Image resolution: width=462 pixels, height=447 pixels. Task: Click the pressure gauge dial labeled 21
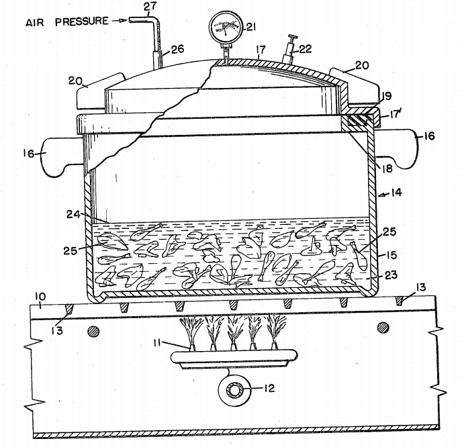click(x=226, y=28)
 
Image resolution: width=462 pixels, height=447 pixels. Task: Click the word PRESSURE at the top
click(x=82, y=21)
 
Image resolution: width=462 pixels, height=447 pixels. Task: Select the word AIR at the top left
click(x=35, y=23)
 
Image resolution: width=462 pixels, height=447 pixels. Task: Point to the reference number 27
click(x=150, y=7)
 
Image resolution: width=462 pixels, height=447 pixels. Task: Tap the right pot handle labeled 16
click(x=397, y=148)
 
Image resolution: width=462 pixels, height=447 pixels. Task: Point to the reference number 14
click(x=396, y=193)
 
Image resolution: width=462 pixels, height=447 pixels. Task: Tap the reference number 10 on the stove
click(x=40, y=297)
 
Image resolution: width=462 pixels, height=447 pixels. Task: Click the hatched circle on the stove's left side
click(x=93, y=332)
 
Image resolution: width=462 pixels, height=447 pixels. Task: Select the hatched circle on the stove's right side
click(x=383, y=327)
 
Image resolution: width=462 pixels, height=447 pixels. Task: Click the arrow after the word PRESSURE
click(x=120, y=21)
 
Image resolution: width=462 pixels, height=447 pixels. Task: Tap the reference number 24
click(x=73, y=215)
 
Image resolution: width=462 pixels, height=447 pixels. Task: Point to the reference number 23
click(x=391, y=275)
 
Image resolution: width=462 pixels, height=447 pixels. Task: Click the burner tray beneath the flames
click(x=234, y=358)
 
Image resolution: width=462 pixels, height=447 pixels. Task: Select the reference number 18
click(x=387, y=168)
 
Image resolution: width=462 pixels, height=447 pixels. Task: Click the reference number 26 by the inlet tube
click(x=177, y=49)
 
